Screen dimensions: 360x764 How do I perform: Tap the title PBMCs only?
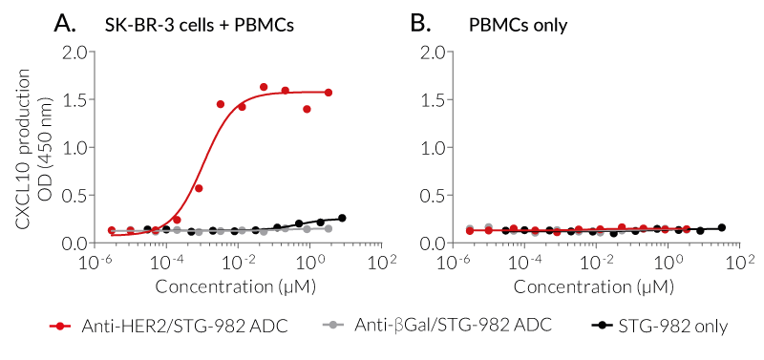(x=518, y=26)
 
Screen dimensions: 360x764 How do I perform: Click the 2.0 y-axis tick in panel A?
(x=74, y=52)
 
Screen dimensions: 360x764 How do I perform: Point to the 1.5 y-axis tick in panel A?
(x=74, y=99)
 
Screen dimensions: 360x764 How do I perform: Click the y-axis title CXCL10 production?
(x=22, y=148)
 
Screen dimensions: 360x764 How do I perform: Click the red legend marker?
(x=61, y=327)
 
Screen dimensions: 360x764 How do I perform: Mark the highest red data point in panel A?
(x=264, y=87)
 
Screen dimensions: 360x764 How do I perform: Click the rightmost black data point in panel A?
(x=342, y=218)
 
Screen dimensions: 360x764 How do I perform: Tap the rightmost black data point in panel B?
(x=721, y=227)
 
